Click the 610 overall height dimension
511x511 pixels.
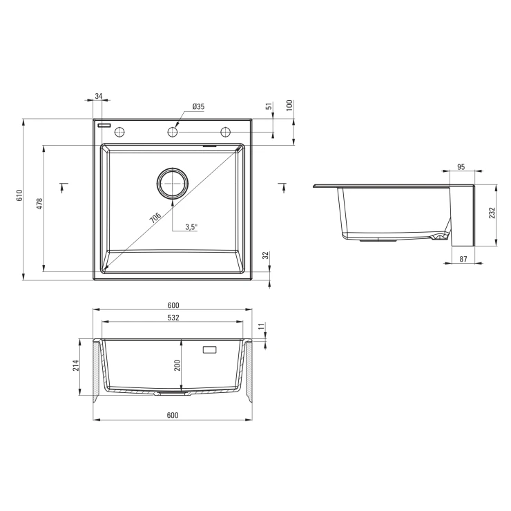[x=20, y=195]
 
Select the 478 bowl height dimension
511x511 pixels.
[x=39, y=204]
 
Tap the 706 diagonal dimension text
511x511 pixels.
[x=155, y=218]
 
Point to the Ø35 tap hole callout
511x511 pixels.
[x=198, y=106]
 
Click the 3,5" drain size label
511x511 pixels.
[x=192, y=227]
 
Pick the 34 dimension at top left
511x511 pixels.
[x=99, y=96]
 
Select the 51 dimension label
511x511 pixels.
[x=269, y=106]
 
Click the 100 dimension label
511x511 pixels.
[x=290, y=105]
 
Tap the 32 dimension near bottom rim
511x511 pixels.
[x=267, y=256]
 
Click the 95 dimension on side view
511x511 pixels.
[x=461, y=167]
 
